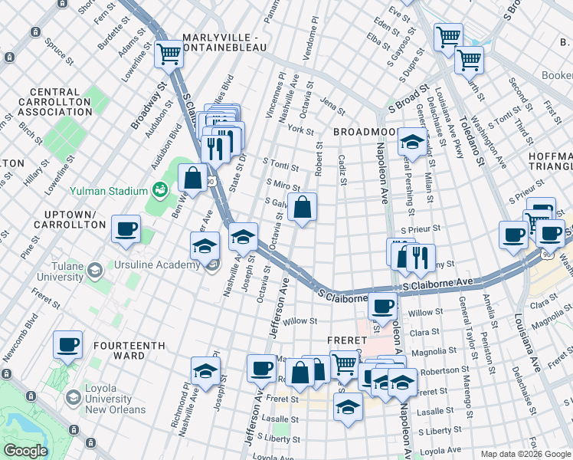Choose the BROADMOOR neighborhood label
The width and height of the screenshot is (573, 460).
[365, 132]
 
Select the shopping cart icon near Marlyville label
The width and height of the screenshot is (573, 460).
[169, 54]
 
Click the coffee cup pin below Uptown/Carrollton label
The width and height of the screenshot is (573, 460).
[126, 228]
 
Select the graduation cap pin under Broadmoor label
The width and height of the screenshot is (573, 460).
[411, 142]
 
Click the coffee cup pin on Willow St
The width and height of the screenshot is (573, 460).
[382, 305]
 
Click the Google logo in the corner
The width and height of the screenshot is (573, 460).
[25, 451]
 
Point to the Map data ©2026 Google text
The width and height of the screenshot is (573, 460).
[525, 454]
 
